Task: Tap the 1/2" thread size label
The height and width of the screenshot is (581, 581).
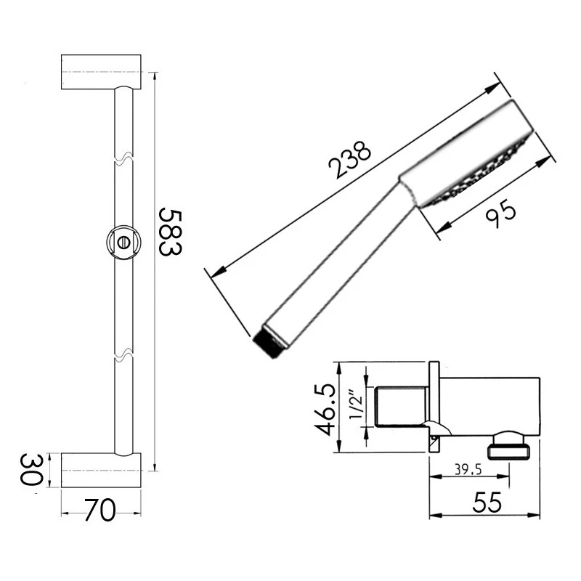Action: click(x=355, y=407)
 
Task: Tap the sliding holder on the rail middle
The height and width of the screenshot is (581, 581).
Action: click(x=123, y=242)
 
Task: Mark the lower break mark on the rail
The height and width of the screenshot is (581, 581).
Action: click(x=123, y=356)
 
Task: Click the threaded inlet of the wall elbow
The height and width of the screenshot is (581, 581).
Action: click(x=402, y=407)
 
